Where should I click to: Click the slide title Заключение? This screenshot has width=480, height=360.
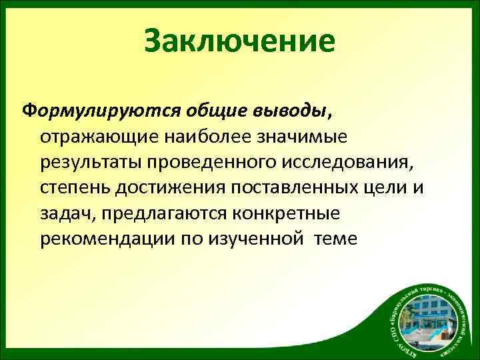[x=239, y=40]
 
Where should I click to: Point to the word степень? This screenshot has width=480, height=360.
[x=73, y=188]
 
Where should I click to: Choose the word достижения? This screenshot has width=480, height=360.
[x=169, y=188]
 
